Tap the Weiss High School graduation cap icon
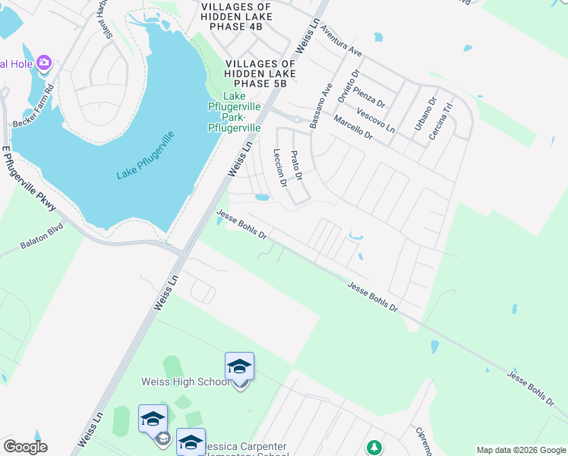(239, 367)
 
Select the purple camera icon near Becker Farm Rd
(44, 63)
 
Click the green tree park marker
(374, 448)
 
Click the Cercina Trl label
(443, 119)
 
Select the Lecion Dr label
(279, 167)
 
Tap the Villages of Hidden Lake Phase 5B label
(260, 73)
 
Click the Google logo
(25, 447)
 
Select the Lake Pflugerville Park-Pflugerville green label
(235, 112)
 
